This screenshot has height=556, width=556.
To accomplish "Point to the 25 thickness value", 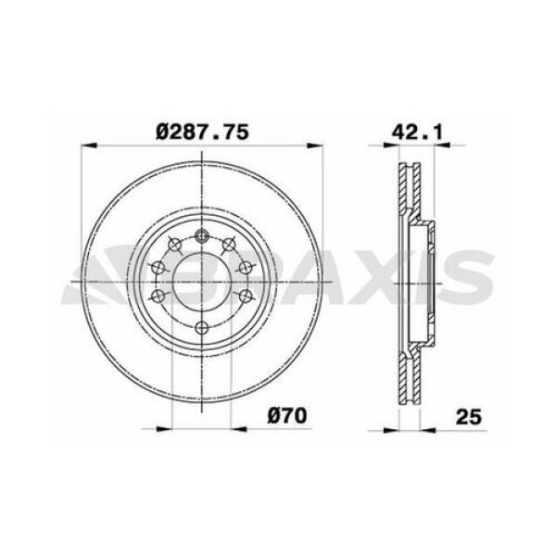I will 469,415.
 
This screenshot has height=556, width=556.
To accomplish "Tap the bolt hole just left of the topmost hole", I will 174,245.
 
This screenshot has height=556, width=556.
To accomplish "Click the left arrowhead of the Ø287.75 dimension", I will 86,145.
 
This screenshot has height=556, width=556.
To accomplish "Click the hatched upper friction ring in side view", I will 409,195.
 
